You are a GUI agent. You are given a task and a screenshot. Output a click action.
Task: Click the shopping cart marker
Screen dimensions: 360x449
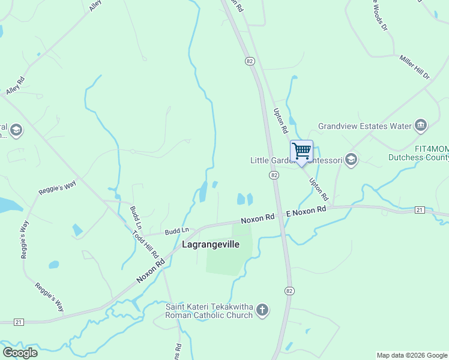[x=301, y=150]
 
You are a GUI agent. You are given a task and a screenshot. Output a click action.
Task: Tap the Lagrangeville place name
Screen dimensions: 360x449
[x=210, y=245]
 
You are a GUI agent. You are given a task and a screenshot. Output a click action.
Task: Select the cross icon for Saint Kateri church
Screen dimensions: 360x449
[x=262, y=310]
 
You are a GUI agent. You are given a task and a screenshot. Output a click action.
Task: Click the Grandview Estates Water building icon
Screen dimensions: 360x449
[x=420, y=125]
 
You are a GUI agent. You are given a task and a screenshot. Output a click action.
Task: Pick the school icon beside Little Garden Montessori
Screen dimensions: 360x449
[x=351, y=160]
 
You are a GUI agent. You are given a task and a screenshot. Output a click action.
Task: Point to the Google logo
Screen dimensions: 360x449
[x=20, y=352]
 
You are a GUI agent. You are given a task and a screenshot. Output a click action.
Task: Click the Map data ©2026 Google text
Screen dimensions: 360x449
[x=412, y=355]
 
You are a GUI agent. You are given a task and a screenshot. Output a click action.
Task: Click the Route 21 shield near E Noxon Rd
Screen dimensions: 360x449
[x=420, y=209]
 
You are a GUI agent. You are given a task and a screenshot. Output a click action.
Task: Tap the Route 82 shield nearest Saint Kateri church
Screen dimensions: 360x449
[x=290, y=290]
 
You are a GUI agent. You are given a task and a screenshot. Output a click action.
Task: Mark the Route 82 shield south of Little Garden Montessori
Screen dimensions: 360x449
[x=274, y=175]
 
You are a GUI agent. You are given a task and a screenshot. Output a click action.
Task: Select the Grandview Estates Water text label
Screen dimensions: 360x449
[x=364, y=126]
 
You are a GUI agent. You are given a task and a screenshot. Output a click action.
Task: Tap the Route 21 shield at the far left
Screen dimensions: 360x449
[x=19, y=322]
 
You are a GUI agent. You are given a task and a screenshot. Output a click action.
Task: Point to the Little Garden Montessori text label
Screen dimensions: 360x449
[x=296, y=160]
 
